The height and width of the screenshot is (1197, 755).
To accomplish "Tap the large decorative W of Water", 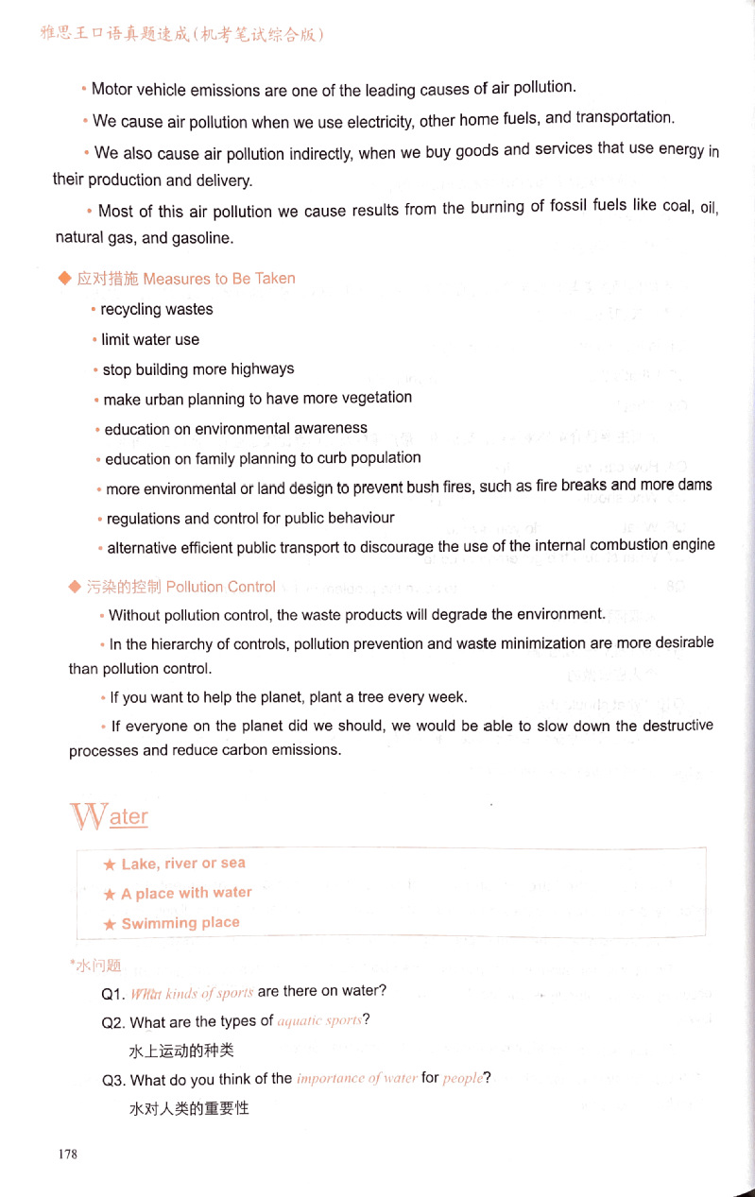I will [89, 815].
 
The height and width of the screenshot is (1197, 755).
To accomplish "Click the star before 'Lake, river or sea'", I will [110, 864].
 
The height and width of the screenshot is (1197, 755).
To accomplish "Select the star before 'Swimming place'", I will [110, 924].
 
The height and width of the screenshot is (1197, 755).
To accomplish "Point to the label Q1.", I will [112, 993].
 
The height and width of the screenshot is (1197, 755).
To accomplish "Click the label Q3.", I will [113, 1080].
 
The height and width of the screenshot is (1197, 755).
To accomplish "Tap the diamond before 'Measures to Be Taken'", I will [64, 278].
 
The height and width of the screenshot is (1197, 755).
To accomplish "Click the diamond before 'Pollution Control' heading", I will [76, 587].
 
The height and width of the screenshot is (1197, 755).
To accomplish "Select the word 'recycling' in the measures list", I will [130, 310].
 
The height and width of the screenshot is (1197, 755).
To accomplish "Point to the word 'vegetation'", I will [376, 398].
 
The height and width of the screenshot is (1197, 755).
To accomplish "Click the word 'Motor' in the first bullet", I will [112, 91].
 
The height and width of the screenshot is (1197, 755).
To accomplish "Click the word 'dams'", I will [695, 486].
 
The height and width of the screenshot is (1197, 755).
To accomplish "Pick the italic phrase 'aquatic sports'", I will [319, 1021].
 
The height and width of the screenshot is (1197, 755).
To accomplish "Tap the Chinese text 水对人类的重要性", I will [188, 1108].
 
